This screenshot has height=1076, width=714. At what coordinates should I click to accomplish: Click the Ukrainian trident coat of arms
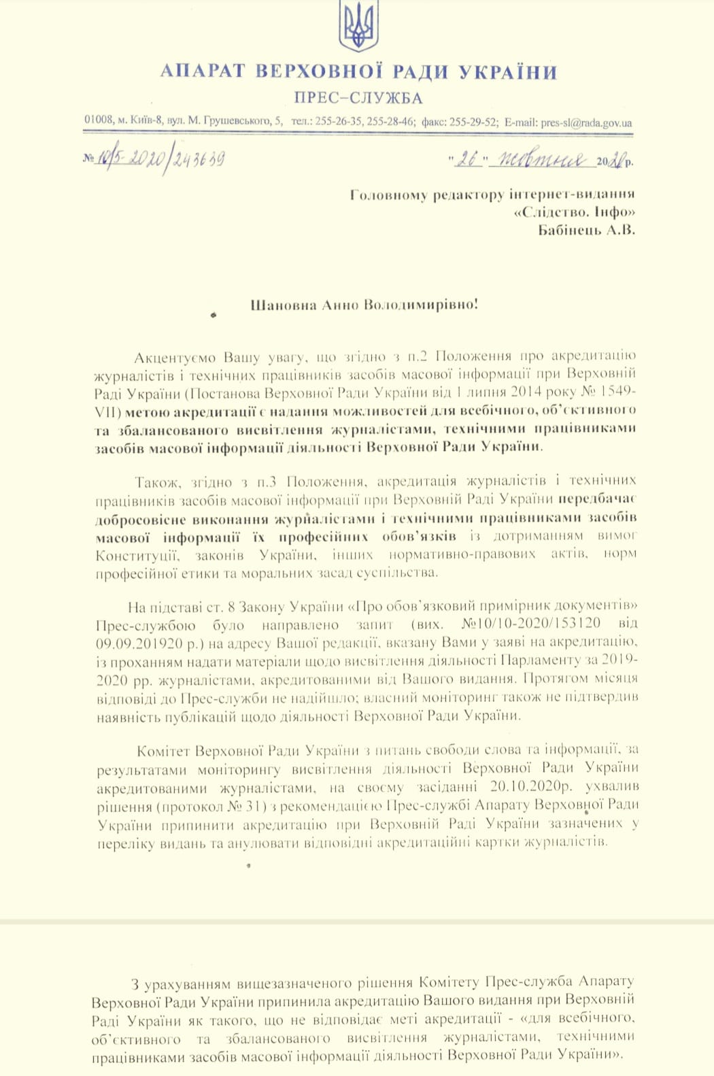(358, 27)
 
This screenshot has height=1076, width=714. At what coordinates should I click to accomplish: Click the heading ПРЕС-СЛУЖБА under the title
(358, 98)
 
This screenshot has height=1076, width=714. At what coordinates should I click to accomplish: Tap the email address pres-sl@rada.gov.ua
(586, 123)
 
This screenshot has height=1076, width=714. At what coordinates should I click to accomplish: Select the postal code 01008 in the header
(99, 120)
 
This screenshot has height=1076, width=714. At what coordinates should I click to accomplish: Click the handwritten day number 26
(468, 160)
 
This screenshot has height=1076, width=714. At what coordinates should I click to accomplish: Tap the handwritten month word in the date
(542, 160)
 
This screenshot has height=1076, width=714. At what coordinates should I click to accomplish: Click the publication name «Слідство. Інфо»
(575, 212)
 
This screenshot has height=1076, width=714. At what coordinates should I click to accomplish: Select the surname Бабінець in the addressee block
(570, 230)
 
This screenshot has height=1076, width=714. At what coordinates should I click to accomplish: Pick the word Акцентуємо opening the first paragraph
(175, 357)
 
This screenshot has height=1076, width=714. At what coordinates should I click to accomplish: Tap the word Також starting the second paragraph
(157, 482)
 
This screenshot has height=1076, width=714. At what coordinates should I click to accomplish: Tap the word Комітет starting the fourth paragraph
(163, 751)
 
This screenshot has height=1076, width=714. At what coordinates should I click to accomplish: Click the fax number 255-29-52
(473, 122)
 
